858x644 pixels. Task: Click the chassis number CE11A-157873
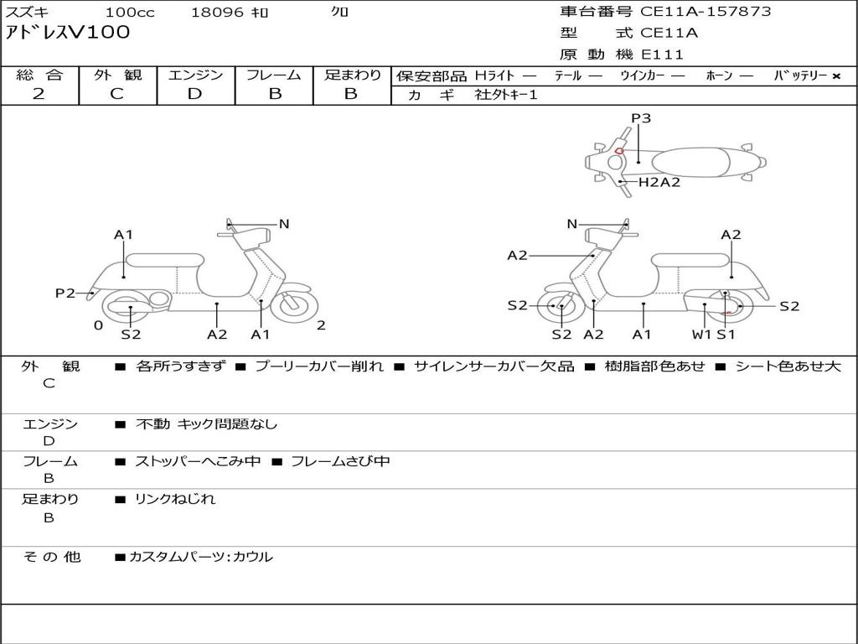click(706, 12)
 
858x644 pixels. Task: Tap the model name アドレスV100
click(68, 33)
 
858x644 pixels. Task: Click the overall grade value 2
click(39, 94)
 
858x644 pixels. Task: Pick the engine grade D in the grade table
click(194, 94)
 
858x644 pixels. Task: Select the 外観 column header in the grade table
click(117, 75)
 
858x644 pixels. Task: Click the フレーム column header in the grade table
click(274, 75)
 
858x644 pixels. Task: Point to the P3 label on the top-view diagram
click(641, 118)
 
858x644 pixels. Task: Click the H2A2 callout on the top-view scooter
click(659, 182)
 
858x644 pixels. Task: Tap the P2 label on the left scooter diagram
click(65, 293)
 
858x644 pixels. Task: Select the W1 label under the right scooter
click(701, 335)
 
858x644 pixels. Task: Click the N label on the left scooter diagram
click(284, 224)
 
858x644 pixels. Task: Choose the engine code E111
click(663, 55)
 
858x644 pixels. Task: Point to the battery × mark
click(835, 75)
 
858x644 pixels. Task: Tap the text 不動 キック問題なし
click(206, 424)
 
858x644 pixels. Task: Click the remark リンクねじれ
click(175, 499)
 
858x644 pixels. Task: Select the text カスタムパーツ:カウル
click(200, 557)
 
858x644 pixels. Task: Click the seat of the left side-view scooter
click(164, 259)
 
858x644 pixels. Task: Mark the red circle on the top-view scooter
click(618, 151)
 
